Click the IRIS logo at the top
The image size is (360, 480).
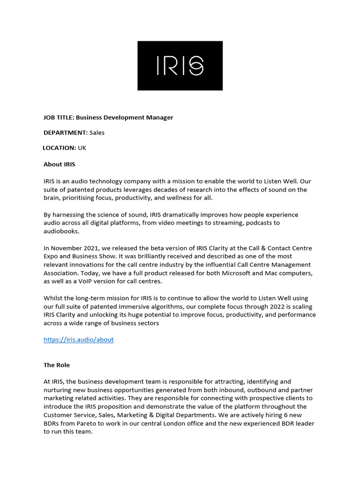[x=180, y=66]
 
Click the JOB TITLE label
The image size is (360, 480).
[x=59, y=117]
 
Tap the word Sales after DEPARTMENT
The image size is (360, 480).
[x=97, y=133]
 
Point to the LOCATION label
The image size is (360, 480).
[x=60, y=148]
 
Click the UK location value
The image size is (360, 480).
[x=82, y=148]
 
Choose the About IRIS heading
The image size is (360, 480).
[x=60, y=164]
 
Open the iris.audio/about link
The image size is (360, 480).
[x=79, y=339]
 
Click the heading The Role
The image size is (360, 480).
[x=57, y=365]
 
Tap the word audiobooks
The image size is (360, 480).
[x=61, y=231]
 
